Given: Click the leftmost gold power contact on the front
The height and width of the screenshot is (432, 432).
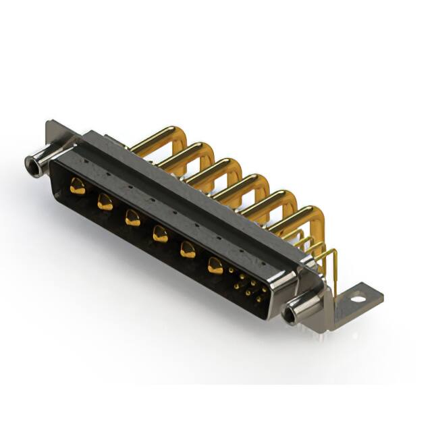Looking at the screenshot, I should pos(78,188).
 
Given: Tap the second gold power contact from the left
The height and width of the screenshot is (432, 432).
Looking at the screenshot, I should pos(105,201).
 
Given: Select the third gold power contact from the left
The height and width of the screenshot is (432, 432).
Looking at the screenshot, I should pos(132,217).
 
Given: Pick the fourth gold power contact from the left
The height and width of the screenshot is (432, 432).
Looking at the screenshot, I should pos(159,234).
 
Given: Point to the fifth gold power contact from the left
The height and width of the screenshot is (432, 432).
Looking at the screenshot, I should pos(187,250).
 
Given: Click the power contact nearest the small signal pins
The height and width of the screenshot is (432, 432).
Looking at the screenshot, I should pos(215,265).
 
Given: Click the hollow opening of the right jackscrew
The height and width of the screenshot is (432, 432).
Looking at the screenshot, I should pos(292,314).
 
